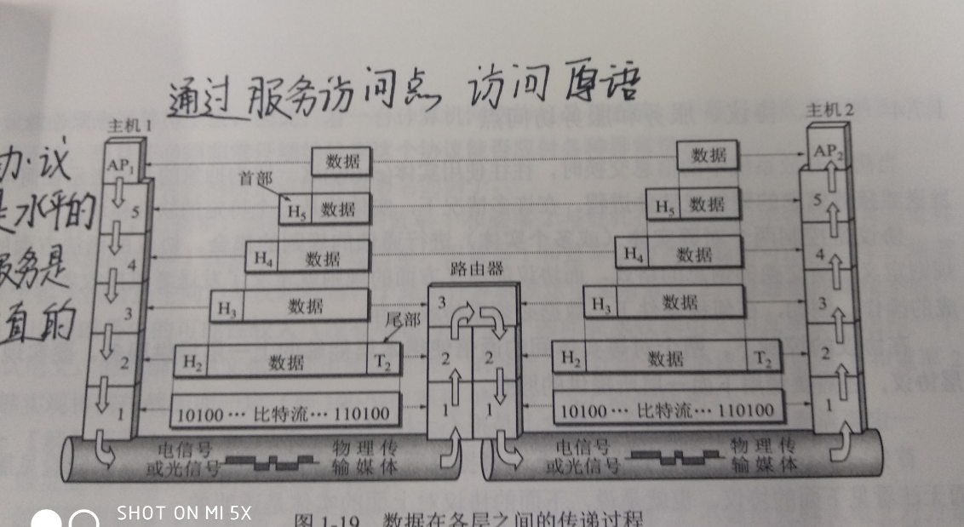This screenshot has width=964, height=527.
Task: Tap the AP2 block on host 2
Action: click(826, 152)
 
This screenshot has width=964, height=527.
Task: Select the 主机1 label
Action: click(128, 126)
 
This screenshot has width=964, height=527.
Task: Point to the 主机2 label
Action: click(828, 109)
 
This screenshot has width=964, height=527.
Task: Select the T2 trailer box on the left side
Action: click(382, 361)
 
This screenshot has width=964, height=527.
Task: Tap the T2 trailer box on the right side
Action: click(763, 359)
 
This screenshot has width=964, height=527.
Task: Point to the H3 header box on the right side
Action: click(600, 303)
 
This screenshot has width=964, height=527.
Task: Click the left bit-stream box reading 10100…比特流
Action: click(284, 415)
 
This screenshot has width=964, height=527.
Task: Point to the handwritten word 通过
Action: click(201, 99)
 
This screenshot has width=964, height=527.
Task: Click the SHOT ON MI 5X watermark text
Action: click(184, 513)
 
